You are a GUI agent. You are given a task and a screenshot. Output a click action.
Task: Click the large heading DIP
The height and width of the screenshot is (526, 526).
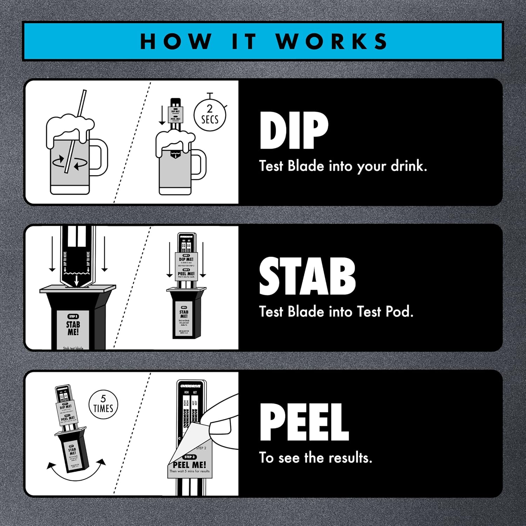point(294,131)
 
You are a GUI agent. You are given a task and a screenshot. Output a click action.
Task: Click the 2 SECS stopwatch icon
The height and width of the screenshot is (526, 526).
point(210,115)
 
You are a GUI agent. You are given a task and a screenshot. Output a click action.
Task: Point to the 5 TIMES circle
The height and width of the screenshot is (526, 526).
point(103,404)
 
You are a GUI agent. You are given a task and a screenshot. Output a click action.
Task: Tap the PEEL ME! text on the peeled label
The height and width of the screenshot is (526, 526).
point(190,465)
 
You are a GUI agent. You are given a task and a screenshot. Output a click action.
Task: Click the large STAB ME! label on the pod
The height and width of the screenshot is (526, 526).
point(73,328)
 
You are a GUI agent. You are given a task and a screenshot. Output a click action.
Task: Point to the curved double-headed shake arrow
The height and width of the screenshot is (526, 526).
point(76,470)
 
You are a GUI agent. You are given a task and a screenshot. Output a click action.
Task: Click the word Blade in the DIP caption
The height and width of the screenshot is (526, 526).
point(306,166)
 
